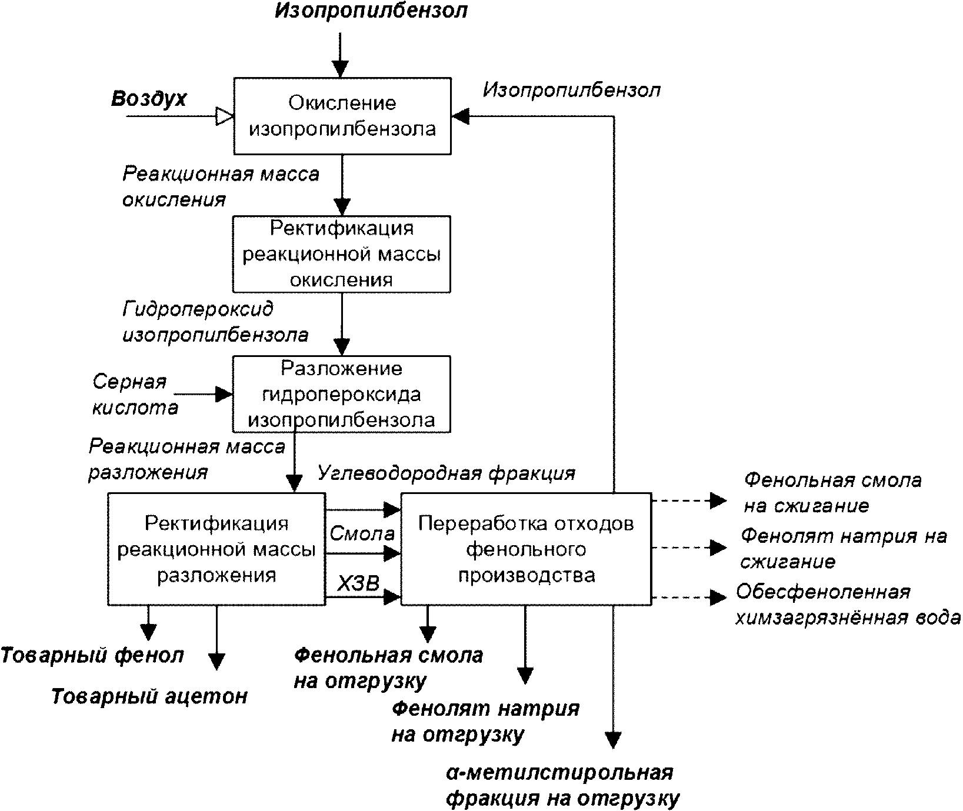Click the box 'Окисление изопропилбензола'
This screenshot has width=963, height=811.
coord(342,116)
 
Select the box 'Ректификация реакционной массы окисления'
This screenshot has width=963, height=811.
coord(342,254)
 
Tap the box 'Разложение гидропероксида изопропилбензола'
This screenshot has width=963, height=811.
coord(342,394)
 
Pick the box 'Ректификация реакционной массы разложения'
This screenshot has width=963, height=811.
coord(216,549)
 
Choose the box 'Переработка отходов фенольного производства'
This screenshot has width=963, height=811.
coord(526,549)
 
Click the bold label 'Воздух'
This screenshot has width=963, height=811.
coord(149,99)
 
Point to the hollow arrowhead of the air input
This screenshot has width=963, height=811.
coord(225,116)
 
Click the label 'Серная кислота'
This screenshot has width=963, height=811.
coord(135,394)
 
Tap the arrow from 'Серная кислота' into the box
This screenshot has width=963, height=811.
coord(204,394)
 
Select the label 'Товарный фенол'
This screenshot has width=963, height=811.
coord(93,655)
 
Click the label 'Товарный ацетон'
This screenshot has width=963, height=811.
coord(149,696)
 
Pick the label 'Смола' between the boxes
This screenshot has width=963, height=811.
coord(362,533)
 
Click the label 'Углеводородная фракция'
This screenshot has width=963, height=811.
coord(446,473)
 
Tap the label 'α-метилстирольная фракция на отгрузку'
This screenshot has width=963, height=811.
coord(562,786)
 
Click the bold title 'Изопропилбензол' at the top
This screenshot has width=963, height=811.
coord(371,11)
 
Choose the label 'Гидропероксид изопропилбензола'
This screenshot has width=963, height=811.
coord(215,322)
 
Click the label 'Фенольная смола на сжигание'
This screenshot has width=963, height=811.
coord(832,493)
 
